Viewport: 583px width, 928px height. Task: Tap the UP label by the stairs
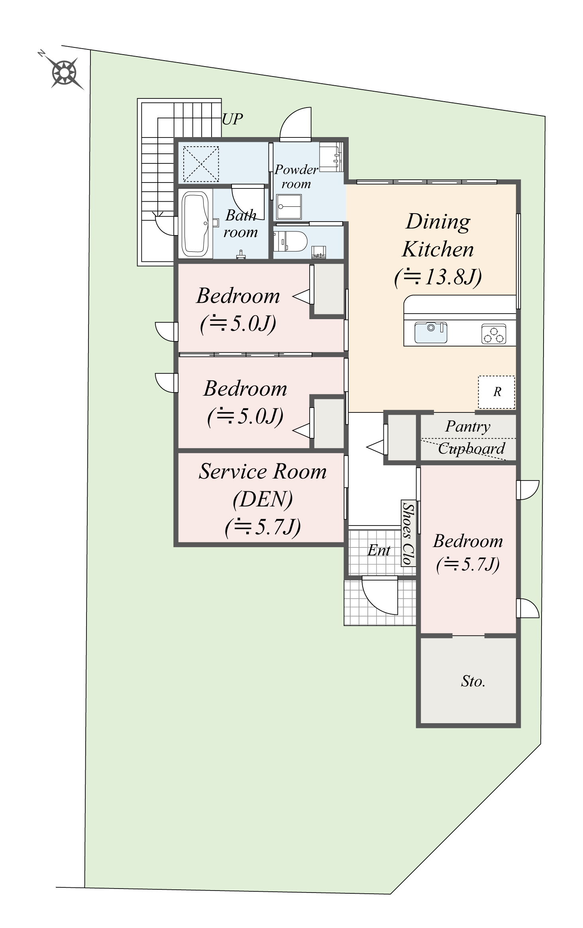(x=232, y=119)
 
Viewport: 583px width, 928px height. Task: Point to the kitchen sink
(x=430, y=332)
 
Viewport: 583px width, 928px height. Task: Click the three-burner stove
(x=494, y=334)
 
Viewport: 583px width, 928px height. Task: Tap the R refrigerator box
(x=497, y=392)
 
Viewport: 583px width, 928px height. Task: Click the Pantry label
(x=467, y=426)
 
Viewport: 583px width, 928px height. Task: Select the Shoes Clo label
(x=408, y=533)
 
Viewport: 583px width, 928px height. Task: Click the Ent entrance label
(x=379, y=550)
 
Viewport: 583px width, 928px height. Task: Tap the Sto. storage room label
(x=473, y=681)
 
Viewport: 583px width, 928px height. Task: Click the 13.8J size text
(x=438, y=277)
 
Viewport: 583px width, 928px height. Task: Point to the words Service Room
(x=263, y=471)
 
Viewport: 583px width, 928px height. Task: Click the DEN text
(x=263, y=498)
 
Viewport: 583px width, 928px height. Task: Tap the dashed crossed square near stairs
(x=201, y=164)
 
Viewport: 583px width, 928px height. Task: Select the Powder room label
(x=296, y=177)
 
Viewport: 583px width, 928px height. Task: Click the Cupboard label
(x=471, y=449)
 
